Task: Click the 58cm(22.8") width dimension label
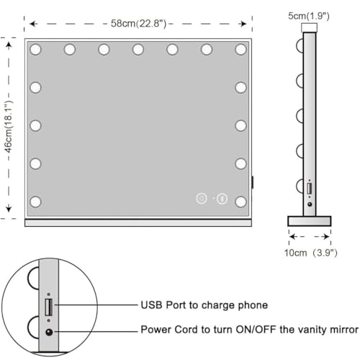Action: (138, 24)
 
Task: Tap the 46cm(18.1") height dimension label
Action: (9, 127)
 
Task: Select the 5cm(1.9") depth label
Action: (309, 16)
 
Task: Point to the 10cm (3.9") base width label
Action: (311, 253)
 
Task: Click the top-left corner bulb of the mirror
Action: (35, 50)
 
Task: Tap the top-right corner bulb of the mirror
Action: (240, 50)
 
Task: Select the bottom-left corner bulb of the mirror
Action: (35, 202)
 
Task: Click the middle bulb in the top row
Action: (138, 50)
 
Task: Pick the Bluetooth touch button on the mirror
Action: (222, 199)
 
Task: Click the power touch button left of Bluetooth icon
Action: (202, 199)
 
